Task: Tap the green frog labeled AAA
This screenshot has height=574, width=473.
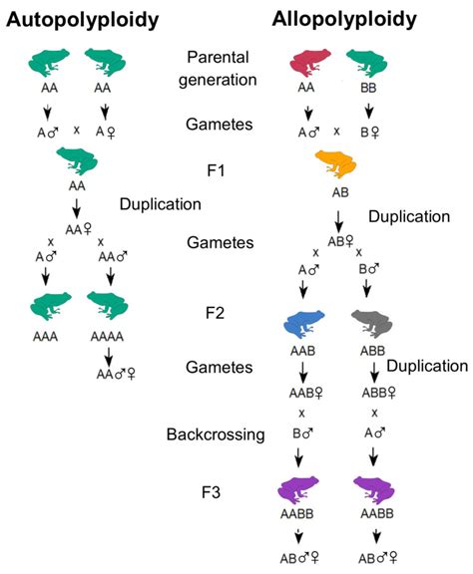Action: pyautogui.click(x=45, y=308)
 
